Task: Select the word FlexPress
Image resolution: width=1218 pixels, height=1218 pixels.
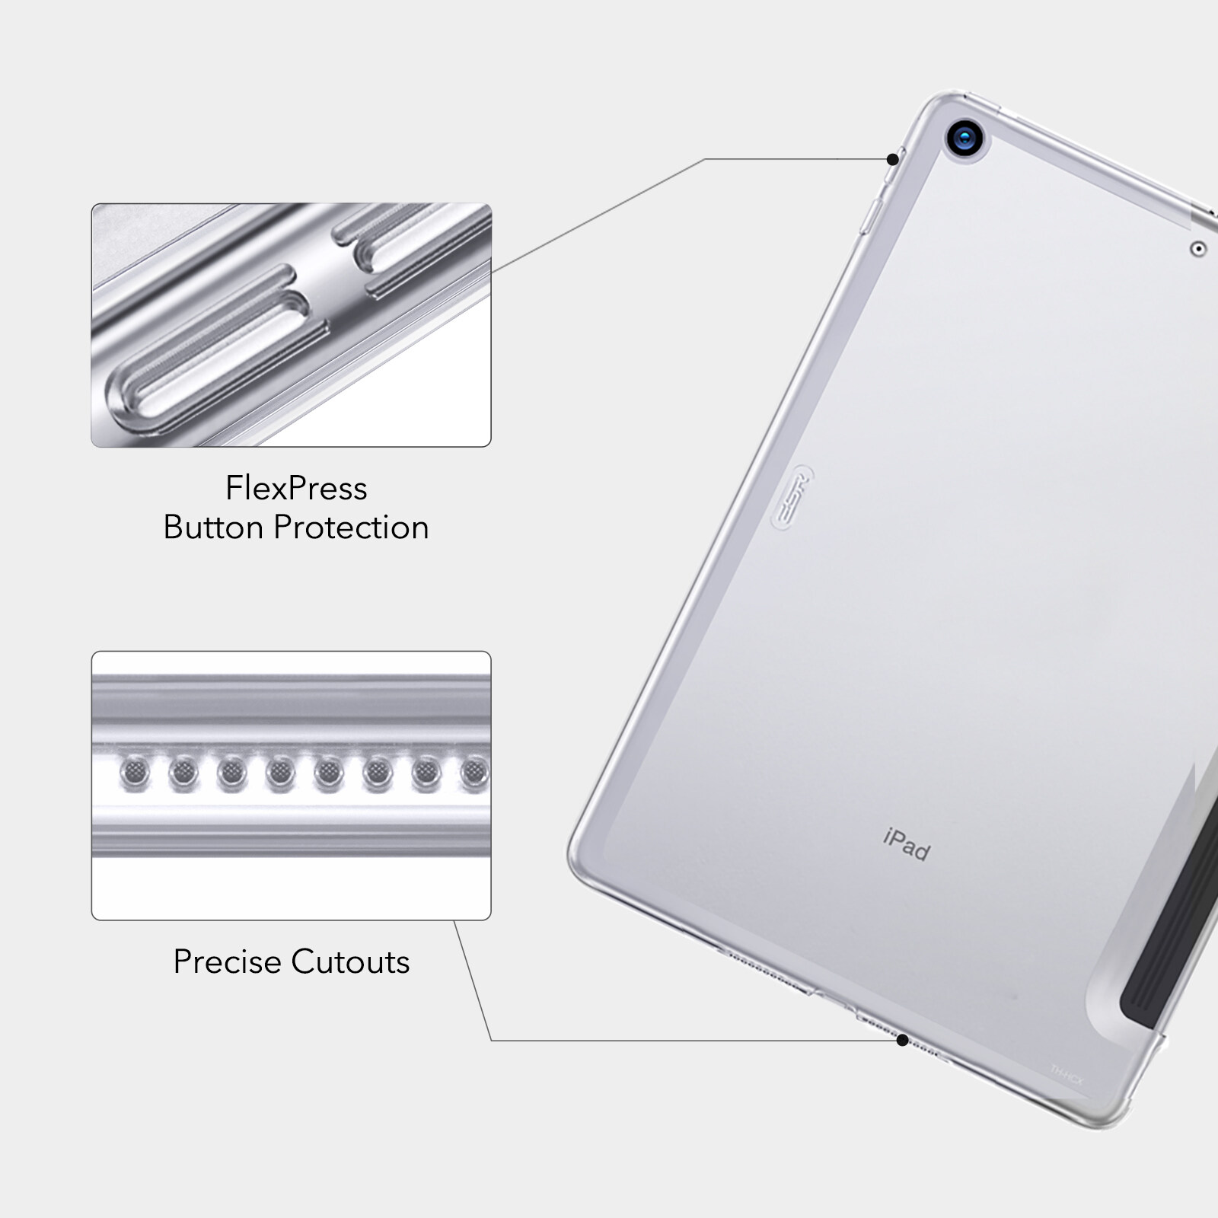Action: click(296, 488)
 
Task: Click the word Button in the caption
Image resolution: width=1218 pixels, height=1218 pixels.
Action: click(214, 528)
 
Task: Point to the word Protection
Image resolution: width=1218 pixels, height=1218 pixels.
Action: click(351, 528)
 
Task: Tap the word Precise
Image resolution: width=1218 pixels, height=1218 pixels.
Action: click(227, 961)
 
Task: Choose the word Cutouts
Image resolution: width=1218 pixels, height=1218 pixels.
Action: click(350, 961)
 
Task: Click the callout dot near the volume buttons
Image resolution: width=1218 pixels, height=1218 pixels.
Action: click(892, 159)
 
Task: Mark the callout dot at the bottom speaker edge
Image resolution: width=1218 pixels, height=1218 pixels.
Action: click(902, 1040)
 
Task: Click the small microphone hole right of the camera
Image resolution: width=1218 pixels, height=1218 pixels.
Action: click(1197, 248)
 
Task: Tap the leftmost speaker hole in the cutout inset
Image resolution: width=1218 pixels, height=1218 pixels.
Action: click(135, 773)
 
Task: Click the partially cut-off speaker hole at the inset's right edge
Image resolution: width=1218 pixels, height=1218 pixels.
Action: click(477, 773)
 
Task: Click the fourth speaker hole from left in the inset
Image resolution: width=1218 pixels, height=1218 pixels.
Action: click(280, 773)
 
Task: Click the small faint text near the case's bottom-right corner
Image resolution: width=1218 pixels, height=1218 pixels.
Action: click(1066, 1070)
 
